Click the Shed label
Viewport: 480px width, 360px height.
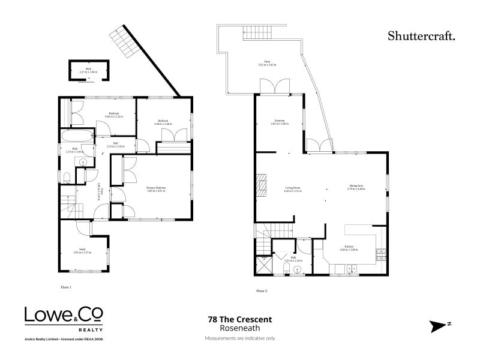coord(88,71)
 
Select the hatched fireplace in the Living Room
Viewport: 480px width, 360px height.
coord(260,185)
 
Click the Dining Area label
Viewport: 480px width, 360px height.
coord(356,187)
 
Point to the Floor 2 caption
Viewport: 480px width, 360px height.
coord(262,290)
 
